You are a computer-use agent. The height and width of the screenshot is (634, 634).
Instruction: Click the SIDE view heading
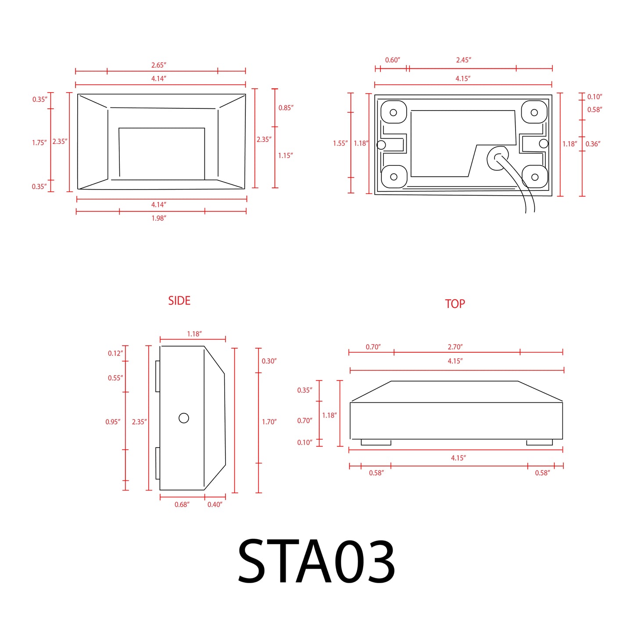point(179,301)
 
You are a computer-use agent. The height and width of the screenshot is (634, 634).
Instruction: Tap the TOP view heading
point(455,304)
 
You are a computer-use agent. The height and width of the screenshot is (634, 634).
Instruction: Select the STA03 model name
point(316,562)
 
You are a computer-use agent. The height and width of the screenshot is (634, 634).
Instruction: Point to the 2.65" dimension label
point(158,65)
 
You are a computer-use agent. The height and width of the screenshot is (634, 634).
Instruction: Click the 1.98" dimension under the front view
point(158,218)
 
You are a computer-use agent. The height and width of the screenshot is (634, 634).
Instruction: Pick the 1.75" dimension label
point(39,143)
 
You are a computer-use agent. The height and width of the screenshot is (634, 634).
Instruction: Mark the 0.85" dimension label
point(286,108)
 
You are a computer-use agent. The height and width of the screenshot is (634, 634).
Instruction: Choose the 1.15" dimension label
point(285,155)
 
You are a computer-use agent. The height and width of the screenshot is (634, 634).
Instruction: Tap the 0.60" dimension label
point(392,60)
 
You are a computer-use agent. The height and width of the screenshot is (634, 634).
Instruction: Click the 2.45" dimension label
point(463,60)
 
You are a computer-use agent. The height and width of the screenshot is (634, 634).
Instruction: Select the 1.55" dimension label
point(340,143)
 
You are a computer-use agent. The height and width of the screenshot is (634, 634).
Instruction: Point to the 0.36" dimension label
point(593,144)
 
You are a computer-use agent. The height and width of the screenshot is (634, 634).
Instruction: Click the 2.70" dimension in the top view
point(455,347)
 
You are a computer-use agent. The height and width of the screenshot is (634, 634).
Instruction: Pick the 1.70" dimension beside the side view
point(269,422)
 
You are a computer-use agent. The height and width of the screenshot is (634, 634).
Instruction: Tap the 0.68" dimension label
point(182,505)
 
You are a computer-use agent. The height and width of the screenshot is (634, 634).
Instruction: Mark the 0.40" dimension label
point(215,505)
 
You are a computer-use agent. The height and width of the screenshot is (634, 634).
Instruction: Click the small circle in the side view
point(184,418)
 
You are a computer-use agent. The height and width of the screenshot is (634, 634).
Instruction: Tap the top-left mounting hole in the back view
point(393,112)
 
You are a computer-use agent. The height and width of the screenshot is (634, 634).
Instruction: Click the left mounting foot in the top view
point(376,443)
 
